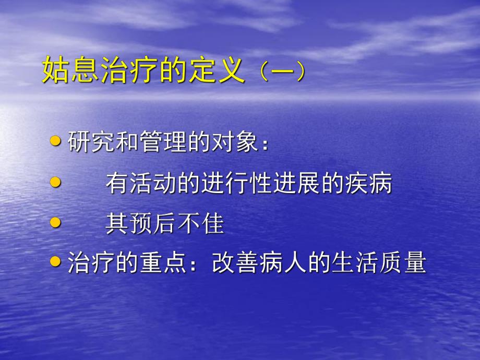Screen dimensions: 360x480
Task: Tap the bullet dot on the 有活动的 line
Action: click(x=56, y=182)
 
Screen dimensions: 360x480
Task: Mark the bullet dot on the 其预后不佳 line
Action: click(x=56, y=222)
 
